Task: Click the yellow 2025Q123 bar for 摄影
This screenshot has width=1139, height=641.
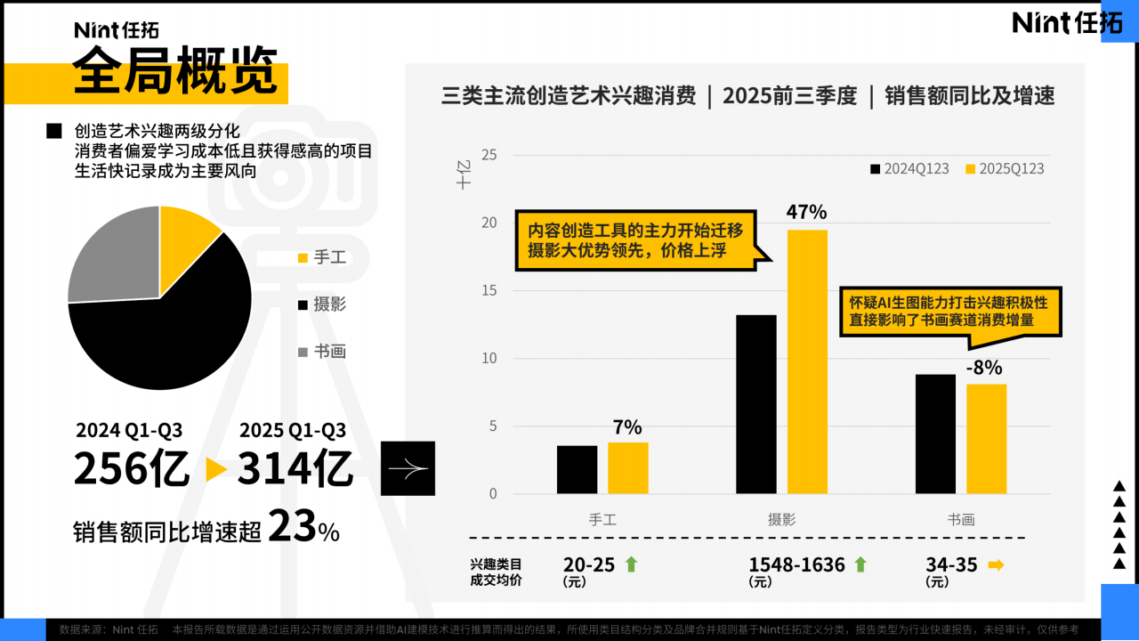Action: (807, 361)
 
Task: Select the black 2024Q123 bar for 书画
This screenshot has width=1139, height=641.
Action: (935, 434)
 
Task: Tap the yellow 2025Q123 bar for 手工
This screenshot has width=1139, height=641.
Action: (628, 467)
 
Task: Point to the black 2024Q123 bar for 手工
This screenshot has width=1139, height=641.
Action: (578, 469)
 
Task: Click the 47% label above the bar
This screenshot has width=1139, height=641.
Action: (806, 212)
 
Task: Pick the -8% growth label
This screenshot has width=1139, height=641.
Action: (984, 368)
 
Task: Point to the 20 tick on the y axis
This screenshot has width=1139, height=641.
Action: (489, 223)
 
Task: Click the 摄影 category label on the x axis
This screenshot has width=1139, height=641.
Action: (781, 520)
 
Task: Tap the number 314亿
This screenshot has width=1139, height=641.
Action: (295, 470)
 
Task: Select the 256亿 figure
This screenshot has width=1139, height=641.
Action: (132, 470)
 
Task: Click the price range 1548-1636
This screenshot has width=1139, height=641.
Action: (796, 564)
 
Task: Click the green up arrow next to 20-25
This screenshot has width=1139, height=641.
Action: (631, 564)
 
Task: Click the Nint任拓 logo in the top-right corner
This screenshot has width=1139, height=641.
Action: (1068, 22)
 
